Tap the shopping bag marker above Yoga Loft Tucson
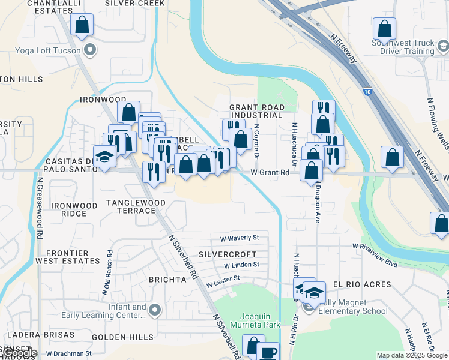(x=82, y=26)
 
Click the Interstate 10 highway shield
(x=367, y=91)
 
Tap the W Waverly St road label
(x=239, y=238)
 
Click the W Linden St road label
(x=241, y=265)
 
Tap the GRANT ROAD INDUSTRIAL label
(x=256, y=111)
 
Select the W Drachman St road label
(x=68, y=353)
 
